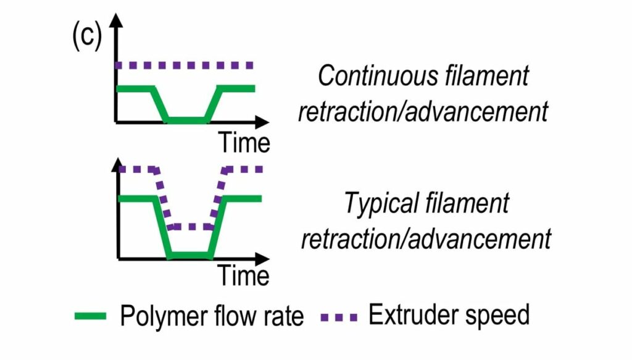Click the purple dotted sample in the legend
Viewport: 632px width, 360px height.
point(339,317)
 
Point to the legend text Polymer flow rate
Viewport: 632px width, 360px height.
point(212,316)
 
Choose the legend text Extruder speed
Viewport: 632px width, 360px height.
point(449,315)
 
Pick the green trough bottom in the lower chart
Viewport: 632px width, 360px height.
point(189,254)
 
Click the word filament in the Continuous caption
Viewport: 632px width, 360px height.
point(480,76)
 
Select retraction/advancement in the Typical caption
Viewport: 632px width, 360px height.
point(425,238)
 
